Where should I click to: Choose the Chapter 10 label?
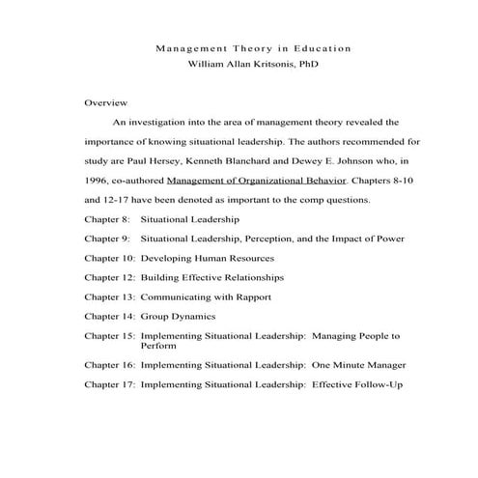[x=110, y=258]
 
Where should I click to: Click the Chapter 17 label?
[x=110, y=385]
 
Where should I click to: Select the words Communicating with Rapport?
[x=206, y=296]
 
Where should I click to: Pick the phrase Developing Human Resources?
[x=208, y=258]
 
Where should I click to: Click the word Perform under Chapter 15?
[x=158, y=345]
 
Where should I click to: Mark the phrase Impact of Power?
[x=371, y=239]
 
